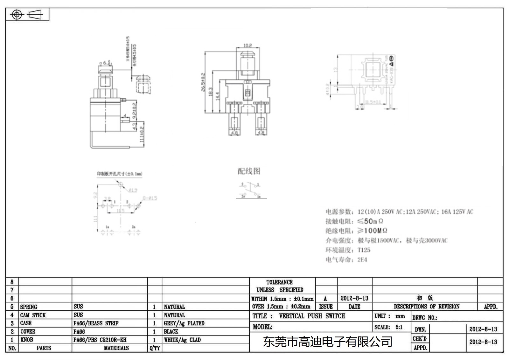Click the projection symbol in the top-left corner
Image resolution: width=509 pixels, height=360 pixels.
(x=27, y=15)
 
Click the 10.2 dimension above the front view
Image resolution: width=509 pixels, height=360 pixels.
(x=248, y=46)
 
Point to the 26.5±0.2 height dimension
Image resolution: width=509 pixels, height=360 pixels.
(x=203, y=82)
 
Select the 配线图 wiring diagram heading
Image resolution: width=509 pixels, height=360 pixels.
(x=249, y=171)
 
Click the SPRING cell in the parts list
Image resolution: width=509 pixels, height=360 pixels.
(x=29, y=307)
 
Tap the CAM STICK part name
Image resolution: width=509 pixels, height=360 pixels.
(x=33, y=315)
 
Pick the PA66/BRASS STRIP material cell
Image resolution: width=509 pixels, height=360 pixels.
(x=96, y=323)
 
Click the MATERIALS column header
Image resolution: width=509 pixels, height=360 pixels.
(x=116, y=348)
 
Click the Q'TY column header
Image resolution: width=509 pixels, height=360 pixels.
(x=155, y=348)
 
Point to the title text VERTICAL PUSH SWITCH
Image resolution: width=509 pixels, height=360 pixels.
(x=312, y=316)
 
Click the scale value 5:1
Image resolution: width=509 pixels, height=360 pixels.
(x=399, y=327)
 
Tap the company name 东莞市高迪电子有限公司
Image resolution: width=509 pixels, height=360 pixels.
(x=327, y=342)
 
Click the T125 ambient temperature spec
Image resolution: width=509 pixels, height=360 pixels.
(x=364, y=250)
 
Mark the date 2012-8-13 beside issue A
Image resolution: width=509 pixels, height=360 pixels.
(x=354, y=298)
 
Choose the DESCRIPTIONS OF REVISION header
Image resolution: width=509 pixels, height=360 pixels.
(x=426, y=307)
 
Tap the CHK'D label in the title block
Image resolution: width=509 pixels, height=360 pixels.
(x=419, y=339)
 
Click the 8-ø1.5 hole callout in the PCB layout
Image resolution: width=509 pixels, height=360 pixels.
(x=150, y=198)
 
